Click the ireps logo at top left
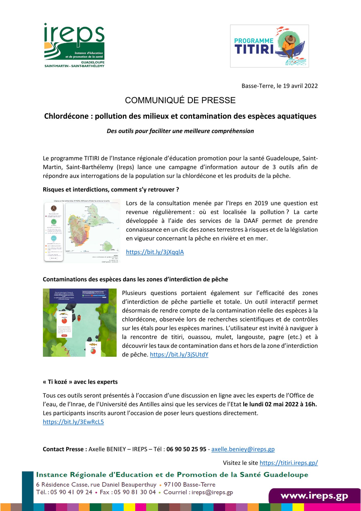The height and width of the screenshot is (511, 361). tap(74, 45)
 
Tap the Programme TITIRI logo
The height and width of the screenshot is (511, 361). tap(269, 46)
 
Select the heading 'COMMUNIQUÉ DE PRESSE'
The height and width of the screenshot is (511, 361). tap(180, 100)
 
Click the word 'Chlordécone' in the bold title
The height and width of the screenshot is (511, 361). tap(66, 116)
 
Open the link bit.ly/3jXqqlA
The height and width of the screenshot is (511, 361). tap(155, 252)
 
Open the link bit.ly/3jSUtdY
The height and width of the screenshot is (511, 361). tap(179, 354)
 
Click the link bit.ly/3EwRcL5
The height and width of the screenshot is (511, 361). tap(73, 422)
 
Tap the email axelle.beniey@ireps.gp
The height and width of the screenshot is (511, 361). tap(243, 449)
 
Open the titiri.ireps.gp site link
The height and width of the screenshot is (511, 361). tap(288, 463)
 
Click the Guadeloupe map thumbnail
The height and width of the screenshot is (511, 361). tap(81, 231)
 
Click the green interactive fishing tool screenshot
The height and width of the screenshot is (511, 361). tap(80, 322)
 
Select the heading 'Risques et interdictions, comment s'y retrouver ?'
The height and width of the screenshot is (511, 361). tap(111, 190)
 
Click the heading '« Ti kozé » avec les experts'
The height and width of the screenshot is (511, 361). tap(80, 382)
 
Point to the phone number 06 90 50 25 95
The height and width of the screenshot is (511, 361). tap(186, 449)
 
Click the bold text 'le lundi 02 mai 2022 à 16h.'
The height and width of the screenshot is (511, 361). tap(280, 404)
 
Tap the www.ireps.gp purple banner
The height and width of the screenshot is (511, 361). tap(314, 496)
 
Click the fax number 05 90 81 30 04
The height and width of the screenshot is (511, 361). tap(135, 492)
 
